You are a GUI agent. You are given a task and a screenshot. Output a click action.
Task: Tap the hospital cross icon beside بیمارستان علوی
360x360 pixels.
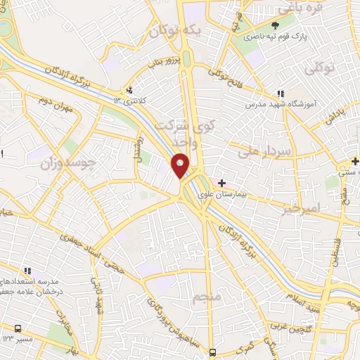click(x=222, y=182)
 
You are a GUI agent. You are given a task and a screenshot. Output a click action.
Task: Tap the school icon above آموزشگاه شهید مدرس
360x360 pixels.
click(x=281, y=94)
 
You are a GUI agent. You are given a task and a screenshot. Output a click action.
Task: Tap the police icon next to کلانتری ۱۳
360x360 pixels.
click(x=129, y=91)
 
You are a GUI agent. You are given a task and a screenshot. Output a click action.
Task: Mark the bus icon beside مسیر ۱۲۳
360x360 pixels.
click(x=18, y=328)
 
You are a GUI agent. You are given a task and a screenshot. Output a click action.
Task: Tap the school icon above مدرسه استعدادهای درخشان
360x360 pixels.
click(x=27, y=270)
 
